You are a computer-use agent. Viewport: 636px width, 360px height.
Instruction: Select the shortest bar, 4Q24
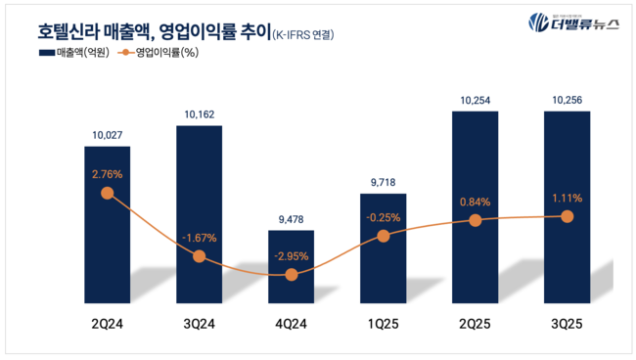(x=291, y=269)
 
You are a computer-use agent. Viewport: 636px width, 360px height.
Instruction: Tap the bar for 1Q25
(x=383, y=249)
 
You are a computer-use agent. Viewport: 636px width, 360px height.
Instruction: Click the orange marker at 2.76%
(x=107, y=193)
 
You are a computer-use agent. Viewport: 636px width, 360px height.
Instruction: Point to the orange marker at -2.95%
(x=291, y=275)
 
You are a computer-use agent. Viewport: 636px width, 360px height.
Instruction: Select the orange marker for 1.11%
(x=567, y=216)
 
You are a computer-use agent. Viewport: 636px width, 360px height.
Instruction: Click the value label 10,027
(x=107, y=136)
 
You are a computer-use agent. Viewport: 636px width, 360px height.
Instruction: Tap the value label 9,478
(x=291, y=220)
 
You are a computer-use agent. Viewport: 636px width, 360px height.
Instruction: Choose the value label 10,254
(x=475, y=100)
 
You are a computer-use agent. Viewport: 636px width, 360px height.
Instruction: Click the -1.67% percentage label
(x=199, y=236)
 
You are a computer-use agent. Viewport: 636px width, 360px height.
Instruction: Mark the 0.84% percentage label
(x=475, y=202)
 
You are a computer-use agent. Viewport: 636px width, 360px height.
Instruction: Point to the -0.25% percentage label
(x=383, y=217)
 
